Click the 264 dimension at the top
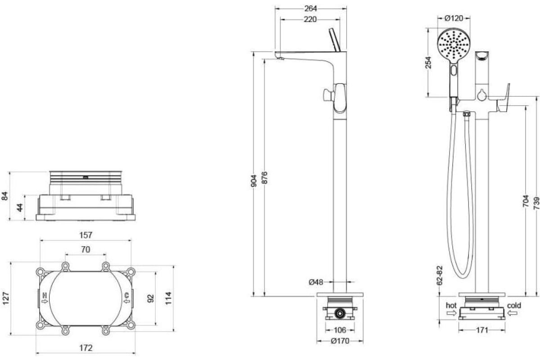310,9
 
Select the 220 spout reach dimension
310,19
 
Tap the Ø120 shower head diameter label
454,18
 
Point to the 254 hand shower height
428,63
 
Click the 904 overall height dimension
254,181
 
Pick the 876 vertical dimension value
265,177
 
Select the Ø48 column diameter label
316,282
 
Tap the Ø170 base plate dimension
340,341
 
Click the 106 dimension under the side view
340,330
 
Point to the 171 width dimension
482,330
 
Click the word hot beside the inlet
451,306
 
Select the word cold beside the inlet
514,306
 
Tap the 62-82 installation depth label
440,275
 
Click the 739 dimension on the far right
536,203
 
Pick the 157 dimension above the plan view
86,235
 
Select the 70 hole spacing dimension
85,249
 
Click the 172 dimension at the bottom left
86,348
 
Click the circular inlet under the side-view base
340,314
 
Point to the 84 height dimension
5,196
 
